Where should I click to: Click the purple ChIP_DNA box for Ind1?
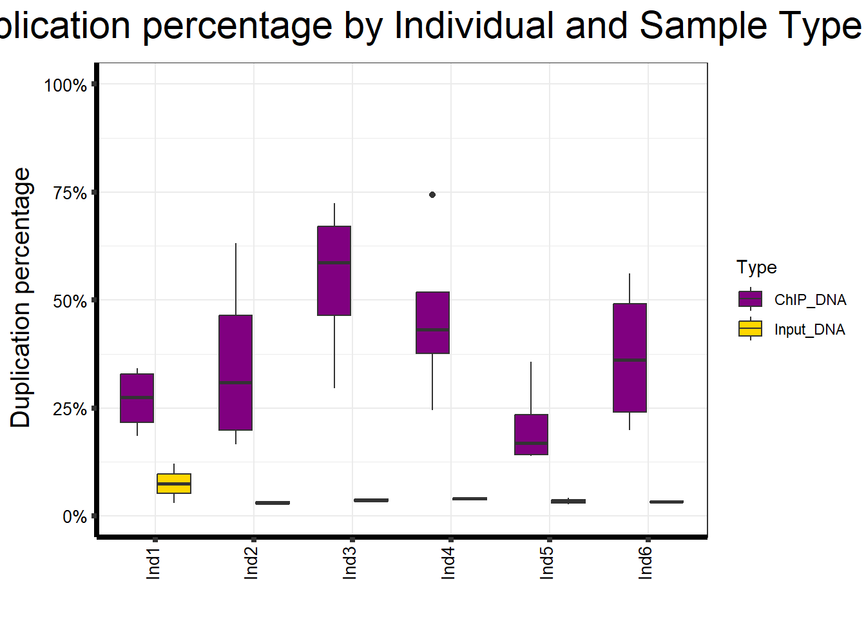137,398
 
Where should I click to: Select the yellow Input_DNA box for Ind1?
174,484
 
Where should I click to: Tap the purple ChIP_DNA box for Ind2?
236,372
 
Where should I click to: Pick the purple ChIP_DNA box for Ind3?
334,271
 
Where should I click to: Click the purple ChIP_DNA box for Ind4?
433,322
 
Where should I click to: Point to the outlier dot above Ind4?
432,195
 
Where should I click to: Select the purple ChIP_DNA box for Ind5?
531,434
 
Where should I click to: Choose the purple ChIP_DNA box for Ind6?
630,357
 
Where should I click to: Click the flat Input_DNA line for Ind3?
371,500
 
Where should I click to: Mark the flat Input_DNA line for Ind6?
666,502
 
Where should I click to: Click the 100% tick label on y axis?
65,85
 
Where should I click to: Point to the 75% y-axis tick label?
70,193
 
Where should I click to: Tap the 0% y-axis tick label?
75,517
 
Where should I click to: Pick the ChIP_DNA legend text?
810,300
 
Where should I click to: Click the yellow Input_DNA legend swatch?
750,329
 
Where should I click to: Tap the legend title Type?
756,268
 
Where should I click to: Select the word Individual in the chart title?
474,26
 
